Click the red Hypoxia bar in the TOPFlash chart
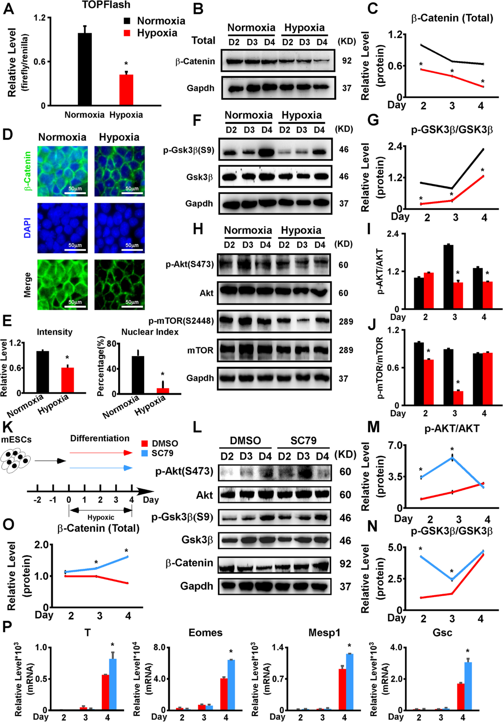pyautogui.click(x=126, y=90)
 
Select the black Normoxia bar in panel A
pyautogui.click(x=85, y=69)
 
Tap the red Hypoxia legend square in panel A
pyautogui.click(x=127, y=33)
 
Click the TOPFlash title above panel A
pyautogui.click(x=106, y=5)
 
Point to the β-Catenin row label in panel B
pyautogui.click(x=195, y=61)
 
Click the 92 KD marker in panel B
pyautogui.click(x=347, y=61)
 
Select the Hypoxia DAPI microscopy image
pyautogui.click(x=119, y=228)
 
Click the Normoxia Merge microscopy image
pyautogui.click(x=62, y=284)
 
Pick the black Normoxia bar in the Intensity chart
pyautogui.click(x=42, y=372)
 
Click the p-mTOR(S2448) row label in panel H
pyautogui.click(x=181, y=321)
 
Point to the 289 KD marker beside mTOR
pyautogui.click(x=346, y=350)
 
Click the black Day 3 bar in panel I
pyautogui.click(x=449, y=277)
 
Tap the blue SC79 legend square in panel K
pyautogui.click(x=145, y=453)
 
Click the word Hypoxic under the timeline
pyautogui.click(x=101, y=517)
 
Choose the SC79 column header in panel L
pyautogui.click(x=303, y=440)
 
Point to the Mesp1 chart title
pyautogui.click(x=324, y=633)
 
